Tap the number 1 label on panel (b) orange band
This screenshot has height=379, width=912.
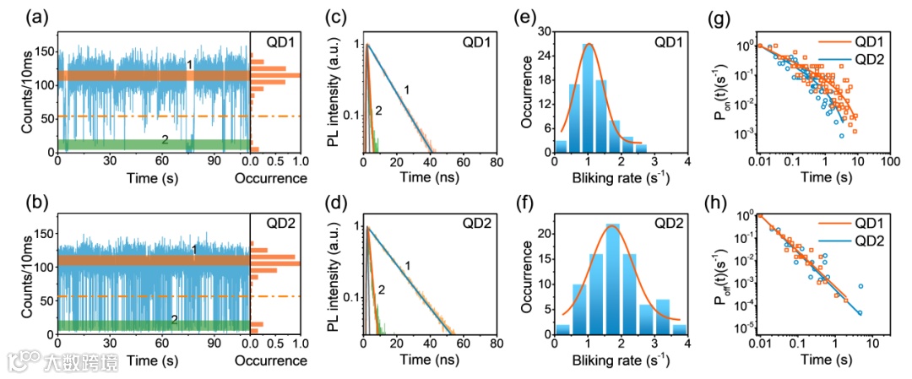[194, 250]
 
